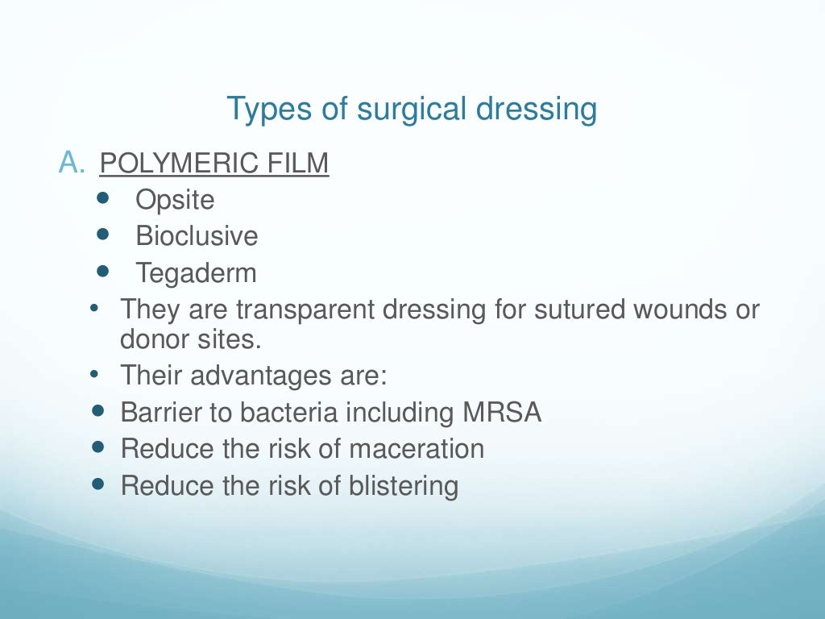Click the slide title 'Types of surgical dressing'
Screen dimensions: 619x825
click(x=412, y=109)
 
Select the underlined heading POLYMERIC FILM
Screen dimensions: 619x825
click(x=214, y=164)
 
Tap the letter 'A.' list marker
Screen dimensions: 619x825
click(x=72, y=163)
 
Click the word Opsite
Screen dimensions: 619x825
click(x=175, y=200)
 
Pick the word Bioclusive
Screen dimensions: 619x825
click(x=197, y=236)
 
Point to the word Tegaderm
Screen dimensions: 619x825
click(x=196, y=273)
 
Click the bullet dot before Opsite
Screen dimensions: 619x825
click(x=102, y=198)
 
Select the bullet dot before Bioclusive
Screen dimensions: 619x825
click(x=102, y=235)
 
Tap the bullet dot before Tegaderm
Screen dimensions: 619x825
click(x=102, y=272)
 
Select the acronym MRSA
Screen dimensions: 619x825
click(x=502, y=413)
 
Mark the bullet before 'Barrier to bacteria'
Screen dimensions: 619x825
click(x=99, y=411)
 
